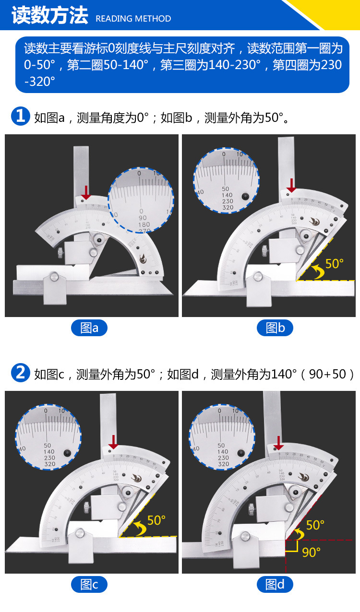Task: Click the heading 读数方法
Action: click(49, 15)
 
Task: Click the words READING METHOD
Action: click(133, 19)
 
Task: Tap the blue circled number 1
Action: click(20, 117)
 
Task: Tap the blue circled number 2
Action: click(20, 373)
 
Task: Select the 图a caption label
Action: click(89, 328)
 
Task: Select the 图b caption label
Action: click(275, 328)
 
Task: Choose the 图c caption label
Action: click(89, 585)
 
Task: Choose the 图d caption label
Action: click(275, 585)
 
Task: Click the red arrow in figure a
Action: click(86, 192)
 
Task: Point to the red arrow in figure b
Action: click(291, 185)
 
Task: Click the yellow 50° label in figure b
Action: click(335, 264)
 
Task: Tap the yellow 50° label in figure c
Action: click(156, 520)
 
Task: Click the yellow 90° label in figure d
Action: click(311, 552)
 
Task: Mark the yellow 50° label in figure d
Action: click(315, 525)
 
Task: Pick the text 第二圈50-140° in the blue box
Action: click(107, 65)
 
